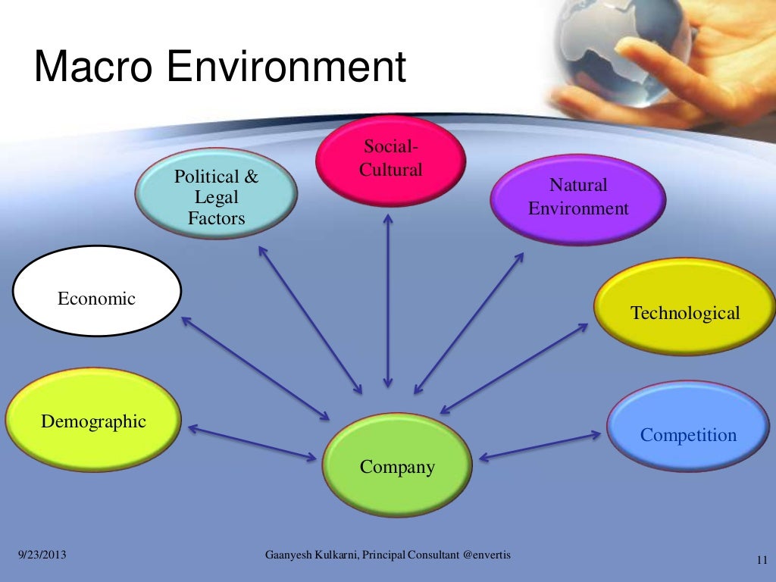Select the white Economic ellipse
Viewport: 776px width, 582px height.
[97, 292]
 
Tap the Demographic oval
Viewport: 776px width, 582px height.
[93, 421]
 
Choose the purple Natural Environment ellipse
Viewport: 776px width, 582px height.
[578, 198]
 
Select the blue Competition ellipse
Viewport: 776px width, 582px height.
[688, 428]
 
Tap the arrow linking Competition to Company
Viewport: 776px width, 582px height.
[540, 446]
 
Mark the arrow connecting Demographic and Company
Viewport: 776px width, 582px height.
[252, 443]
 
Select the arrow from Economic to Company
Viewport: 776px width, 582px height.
[255, 368]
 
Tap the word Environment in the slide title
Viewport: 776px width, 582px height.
[286, 67]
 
